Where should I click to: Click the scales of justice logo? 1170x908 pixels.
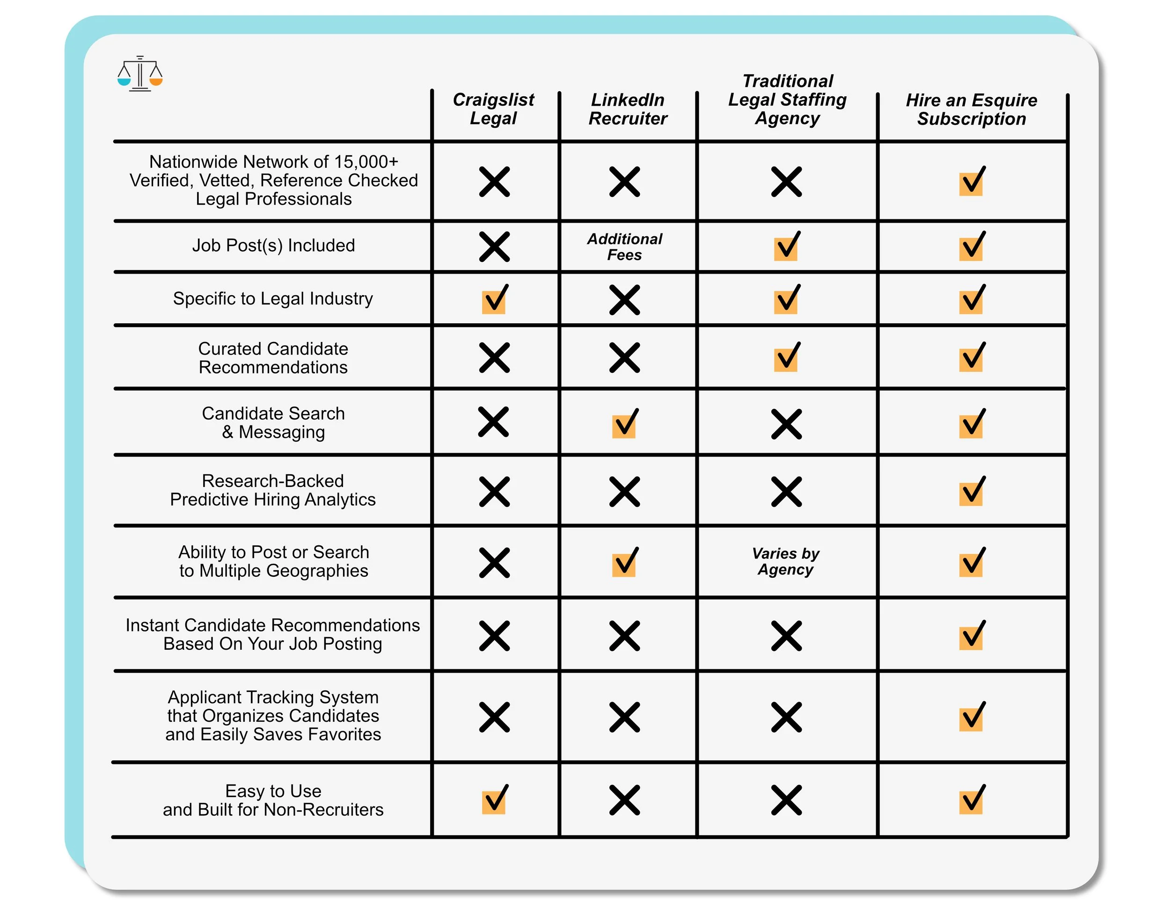point(140,74)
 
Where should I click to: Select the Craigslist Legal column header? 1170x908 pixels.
point(493,109)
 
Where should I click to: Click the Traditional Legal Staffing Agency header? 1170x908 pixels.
point(788,100)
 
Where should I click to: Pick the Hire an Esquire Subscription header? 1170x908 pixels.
point(971,109)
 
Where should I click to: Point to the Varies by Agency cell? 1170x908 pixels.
point(786,561)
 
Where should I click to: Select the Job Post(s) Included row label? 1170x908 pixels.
point(273,245)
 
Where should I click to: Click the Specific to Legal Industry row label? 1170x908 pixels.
point(273,298)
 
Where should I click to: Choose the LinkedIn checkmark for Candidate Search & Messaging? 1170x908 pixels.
point(625,424)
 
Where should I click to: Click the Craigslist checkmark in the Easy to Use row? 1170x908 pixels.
point(494,800)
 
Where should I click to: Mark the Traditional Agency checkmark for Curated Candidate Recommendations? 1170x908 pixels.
point(786,357)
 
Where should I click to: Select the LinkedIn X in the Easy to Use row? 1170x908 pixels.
point(625,800)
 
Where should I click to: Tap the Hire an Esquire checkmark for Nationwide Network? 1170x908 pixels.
point(971,182)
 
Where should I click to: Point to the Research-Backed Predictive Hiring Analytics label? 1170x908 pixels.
point(273,490)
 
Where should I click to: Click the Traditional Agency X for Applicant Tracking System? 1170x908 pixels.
point(786,717)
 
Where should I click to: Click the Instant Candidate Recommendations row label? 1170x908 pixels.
point(273,634)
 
